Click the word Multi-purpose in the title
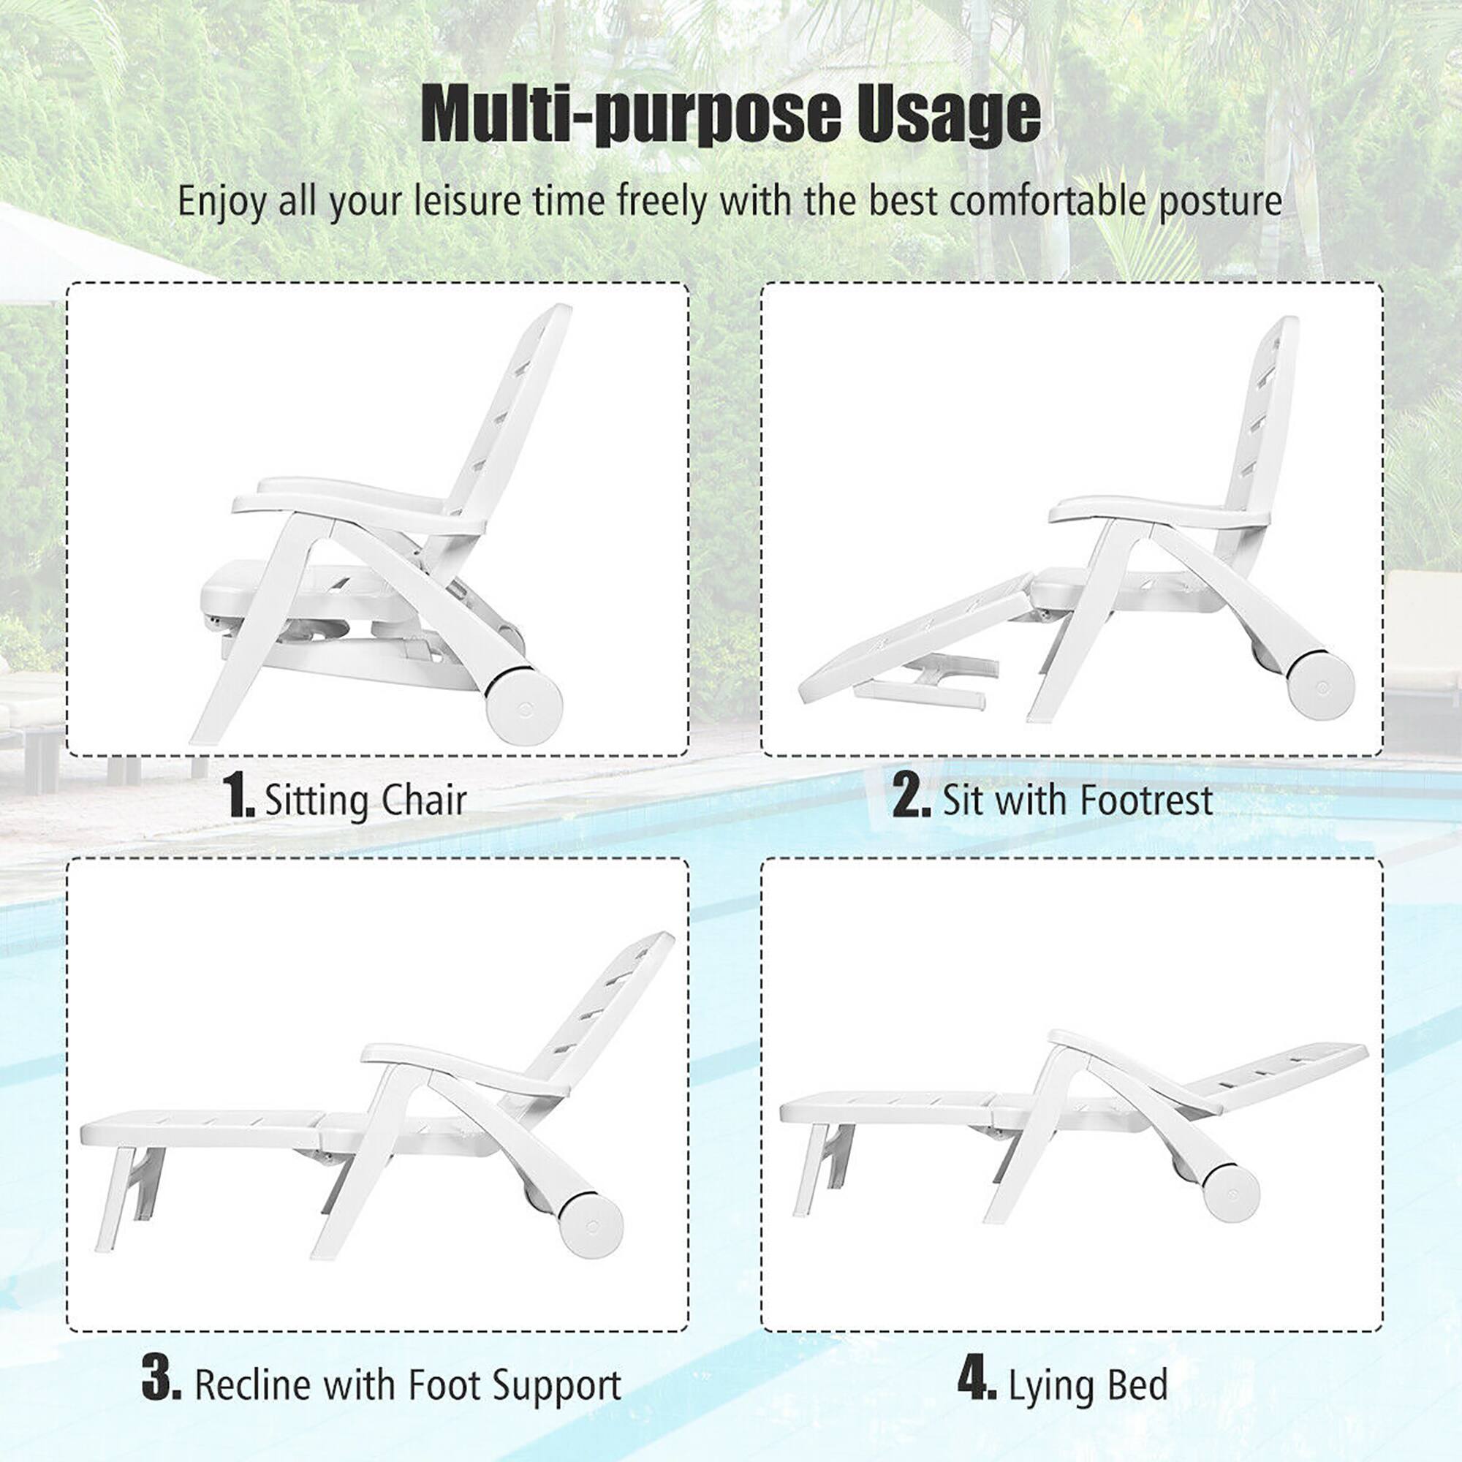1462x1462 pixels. click(629, 115)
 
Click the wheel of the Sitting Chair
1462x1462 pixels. click(523, 705)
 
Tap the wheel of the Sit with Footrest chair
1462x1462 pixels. click(1319, 684)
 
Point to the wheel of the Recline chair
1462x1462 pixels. click(591, 1224)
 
